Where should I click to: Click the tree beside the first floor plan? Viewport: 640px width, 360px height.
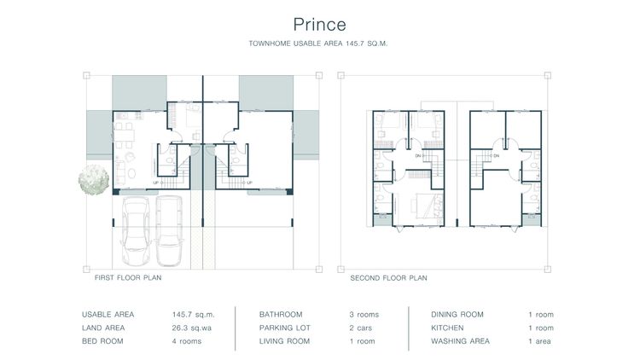[92, 180]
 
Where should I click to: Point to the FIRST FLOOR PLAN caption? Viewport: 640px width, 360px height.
[128, 278]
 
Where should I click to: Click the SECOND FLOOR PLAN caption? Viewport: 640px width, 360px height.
[388, 278]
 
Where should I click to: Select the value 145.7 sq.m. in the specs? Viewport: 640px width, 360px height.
[193, 315]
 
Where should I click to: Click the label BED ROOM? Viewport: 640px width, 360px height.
[102, 341]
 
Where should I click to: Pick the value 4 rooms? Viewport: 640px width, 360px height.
[186, 341]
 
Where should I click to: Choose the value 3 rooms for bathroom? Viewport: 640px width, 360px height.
[364, 315]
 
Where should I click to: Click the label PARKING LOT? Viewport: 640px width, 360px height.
[284, 328]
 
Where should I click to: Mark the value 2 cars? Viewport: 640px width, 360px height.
[361, 328]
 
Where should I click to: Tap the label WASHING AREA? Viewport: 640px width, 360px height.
[460, 341]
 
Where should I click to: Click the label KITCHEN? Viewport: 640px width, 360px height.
[447, 328]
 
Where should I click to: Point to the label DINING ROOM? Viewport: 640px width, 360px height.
[457, 315]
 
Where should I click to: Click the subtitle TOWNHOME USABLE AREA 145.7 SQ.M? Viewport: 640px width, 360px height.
[319, 43]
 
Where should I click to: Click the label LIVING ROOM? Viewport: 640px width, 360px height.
[284, 341]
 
